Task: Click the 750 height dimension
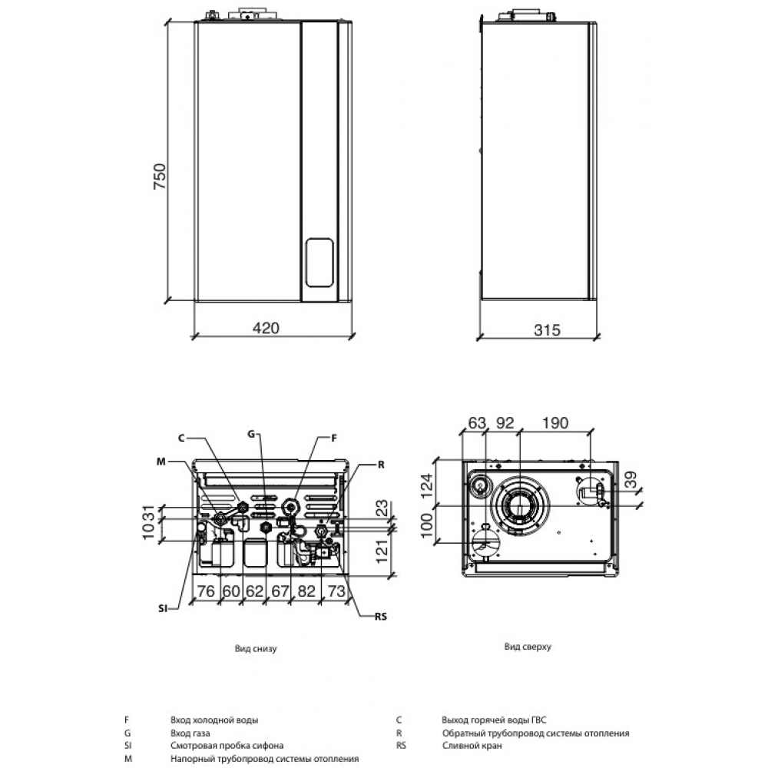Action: pyautogui.click(x=159, y=177)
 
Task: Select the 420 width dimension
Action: pyautogui.click(x=265, y=328)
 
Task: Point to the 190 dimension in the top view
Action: pyautogui.click(x=554, y=422)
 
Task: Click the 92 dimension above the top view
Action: pyautogui.click(x=504, y=422)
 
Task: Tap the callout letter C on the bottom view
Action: pyautogui.click(x=181, y=438)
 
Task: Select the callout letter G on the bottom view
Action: pyautogui.click(x=250, y=434)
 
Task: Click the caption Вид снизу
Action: pyautogui.click(x=256, y=648)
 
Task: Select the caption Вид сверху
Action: pyautogui.click(x=528, y=647)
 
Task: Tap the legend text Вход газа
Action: pyautogui.click(x=190, y=733)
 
